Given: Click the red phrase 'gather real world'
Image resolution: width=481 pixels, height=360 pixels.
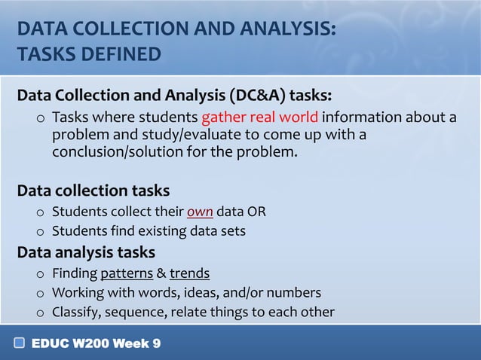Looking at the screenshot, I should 260,118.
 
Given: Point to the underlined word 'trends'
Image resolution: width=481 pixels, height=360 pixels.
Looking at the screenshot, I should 189,273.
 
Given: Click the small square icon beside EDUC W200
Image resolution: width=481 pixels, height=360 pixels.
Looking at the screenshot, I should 20,343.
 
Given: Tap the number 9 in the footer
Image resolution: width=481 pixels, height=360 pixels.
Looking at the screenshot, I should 155,343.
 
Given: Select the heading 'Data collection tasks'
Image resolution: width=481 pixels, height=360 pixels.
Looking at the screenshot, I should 93,191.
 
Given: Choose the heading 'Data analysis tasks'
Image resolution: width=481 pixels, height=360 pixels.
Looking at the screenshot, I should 86,252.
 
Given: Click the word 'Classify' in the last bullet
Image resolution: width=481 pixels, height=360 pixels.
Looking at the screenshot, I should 76,312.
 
